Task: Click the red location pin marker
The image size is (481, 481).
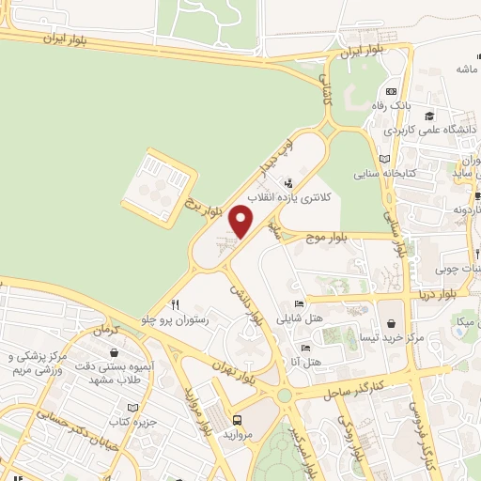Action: coord(241,223)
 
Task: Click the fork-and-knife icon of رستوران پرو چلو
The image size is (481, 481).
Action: coord(174,303)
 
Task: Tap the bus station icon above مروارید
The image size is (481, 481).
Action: coord(236,420)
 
